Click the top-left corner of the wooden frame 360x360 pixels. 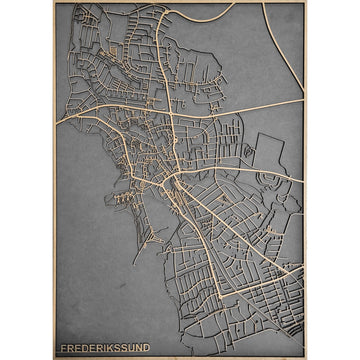[54, 2]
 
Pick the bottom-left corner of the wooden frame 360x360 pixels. [54, 357]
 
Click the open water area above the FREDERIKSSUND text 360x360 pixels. [90, 290]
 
